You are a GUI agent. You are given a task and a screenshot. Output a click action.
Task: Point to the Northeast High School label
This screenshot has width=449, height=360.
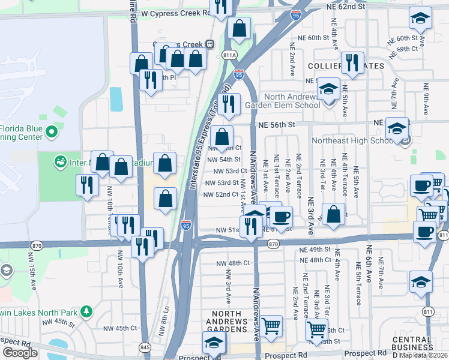click(352, 141)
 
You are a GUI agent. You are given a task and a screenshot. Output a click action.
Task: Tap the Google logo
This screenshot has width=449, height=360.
click(20, 353)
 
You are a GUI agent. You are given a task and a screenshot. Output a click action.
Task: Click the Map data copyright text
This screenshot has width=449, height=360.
click(423, 355)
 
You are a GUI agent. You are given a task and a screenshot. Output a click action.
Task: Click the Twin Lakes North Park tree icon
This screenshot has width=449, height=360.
click(87, 311)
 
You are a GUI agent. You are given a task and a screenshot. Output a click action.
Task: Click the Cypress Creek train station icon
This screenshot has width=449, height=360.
click(210, 44)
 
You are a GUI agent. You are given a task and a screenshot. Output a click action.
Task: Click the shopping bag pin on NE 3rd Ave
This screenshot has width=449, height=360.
click(333, 214)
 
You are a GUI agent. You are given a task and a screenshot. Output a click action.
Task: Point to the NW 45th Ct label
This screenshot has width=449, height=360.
click(118, 328)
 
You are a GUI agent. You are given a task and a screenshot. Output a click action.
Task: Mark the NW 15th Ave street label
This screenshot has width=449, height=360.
click(31, 266)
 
